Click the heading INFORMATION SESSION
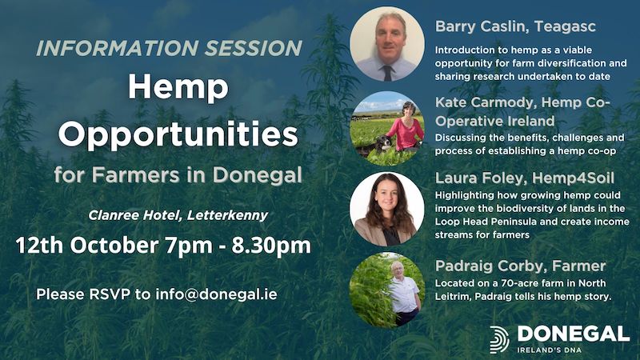(169, 48)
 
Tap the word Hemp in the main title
(178, 88)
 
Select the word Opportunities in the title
(178, 134)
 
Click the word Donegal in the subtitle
(257, 176)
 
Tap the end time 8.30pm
(271, 246)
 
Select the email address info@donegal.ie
(216, 294)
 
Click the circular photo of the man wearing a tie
(387, 44)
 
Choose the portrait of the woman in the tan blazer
(387, 209)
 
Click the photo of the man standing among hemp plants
(387, 290)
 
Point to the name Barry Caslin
(480, 26)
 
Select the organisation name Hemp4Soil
(573, 178)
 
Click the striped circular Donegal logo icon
(499, 339)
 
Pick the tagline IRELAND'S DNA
(549, 350)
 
